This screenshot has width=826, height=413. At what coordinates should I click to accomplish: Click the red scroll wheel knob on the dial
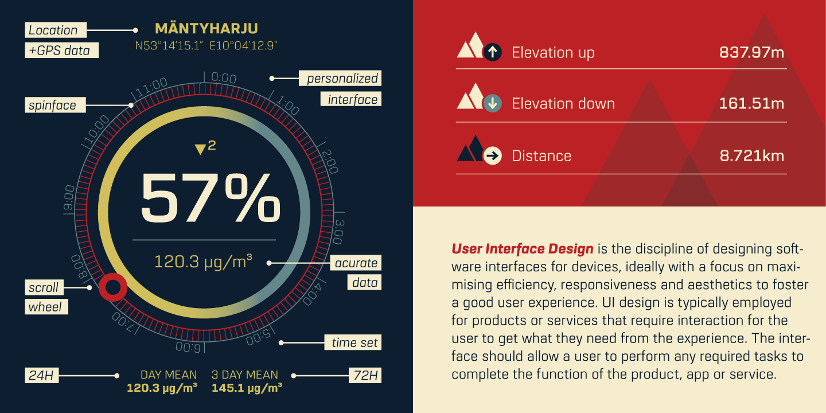pyautogui.click(x=113, y=287)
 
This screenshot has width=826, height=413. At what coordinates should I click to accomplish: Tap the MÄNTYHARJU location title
pyautogui.click(x=206, y=29)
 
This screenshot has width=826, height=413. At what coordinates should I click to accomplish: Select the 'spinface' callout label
pyautogui.click(x=55, y=105)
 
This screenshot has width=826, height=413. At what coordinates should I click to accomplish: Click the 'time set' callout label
pyautogui.click(x=353, y=342)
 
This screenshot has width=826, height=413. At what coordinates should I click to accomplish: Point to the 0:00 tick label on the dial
pyautogui.click(x=224, y=78)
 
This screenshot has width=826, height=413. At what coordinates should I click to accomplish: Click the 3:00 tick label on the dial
pyautogui.click(x=338, y=232)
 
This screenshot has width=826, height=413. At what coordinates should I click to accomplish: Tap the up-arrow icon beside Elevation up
pyautogui.click(x=492, y=52)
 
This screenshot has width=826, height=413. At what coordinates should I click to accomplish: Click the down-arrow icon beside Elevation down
pyautogui.click(x=492, y=103)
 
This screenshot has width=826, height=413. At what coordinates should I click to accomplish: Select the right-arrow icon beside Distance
pyautogui.click(x=492, y=155)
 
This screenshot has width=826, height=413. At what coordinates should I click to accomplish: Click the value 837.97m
pyautogui.click(x=751, y=52)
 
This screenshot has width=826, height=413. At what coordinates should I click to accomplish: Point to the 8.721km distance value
pyautogui.click(x=752, y=156)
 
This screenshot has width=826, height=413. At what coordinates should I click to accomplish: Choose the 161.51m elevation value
pyautogui.click(x=751, y=104)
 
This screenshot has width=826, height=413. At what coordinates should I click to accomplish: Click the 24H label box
pyautogui.click(x=42, y=375)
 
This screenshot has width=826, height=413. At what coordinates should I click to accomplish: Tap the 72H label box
pyautogui.click(x=365, y=375)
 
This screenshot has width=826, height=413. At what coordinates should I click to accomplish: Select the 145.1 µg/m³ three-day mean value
pyautogui.click(x=247, y=388)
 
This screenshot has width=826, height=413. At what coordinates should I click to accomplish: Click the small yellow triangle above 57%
pyautogui.click(x=200, y=149)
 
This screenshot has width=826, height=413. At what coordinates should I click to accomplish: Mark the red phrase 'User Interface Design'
pyautogui.click(x=522, y=249)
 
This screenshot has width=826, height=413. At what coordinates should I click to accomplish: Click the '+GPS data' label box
pyautogui.click(x=61, y=50)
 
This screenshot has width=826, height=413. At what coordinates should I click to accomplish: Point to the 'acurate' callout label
pyautogui.click(x=356, y=263)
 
